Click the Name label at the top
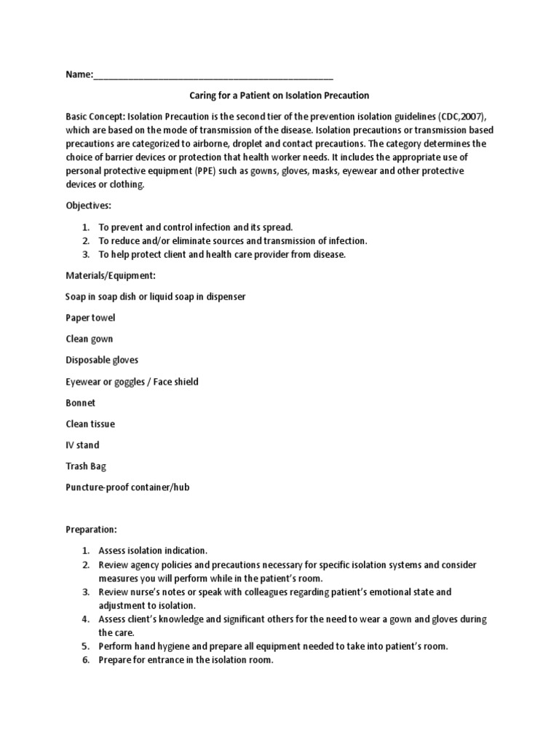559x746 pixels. point(79,74)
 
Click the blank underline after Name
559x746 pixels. point(213,76)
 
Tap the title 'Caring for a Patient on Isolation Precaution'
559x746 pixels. point(279,95)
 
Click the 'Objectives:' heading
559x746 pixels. point(88,206)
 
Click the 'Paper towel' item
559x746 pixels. point(90,318)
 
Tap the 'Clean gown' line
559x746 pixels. point(89,339)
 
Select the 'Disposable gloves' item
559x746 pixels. point(102,361)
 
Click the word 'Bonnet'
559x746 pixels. point(80,403)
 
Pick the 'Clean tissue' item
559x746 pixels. point(90,424)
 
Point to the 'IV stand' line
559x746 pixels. point(82,445)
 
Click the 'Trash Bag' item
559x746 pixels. point(86,466)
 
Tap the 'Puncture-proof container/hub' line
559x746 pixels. point(127,487)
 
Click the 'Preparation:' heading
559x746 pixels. point(91,530)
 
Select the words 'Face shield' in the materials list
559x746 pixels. point(175,382)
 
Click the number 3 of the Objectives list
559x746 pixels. point(85,254)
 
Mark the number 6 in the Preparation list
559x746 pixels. point(85,660)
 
